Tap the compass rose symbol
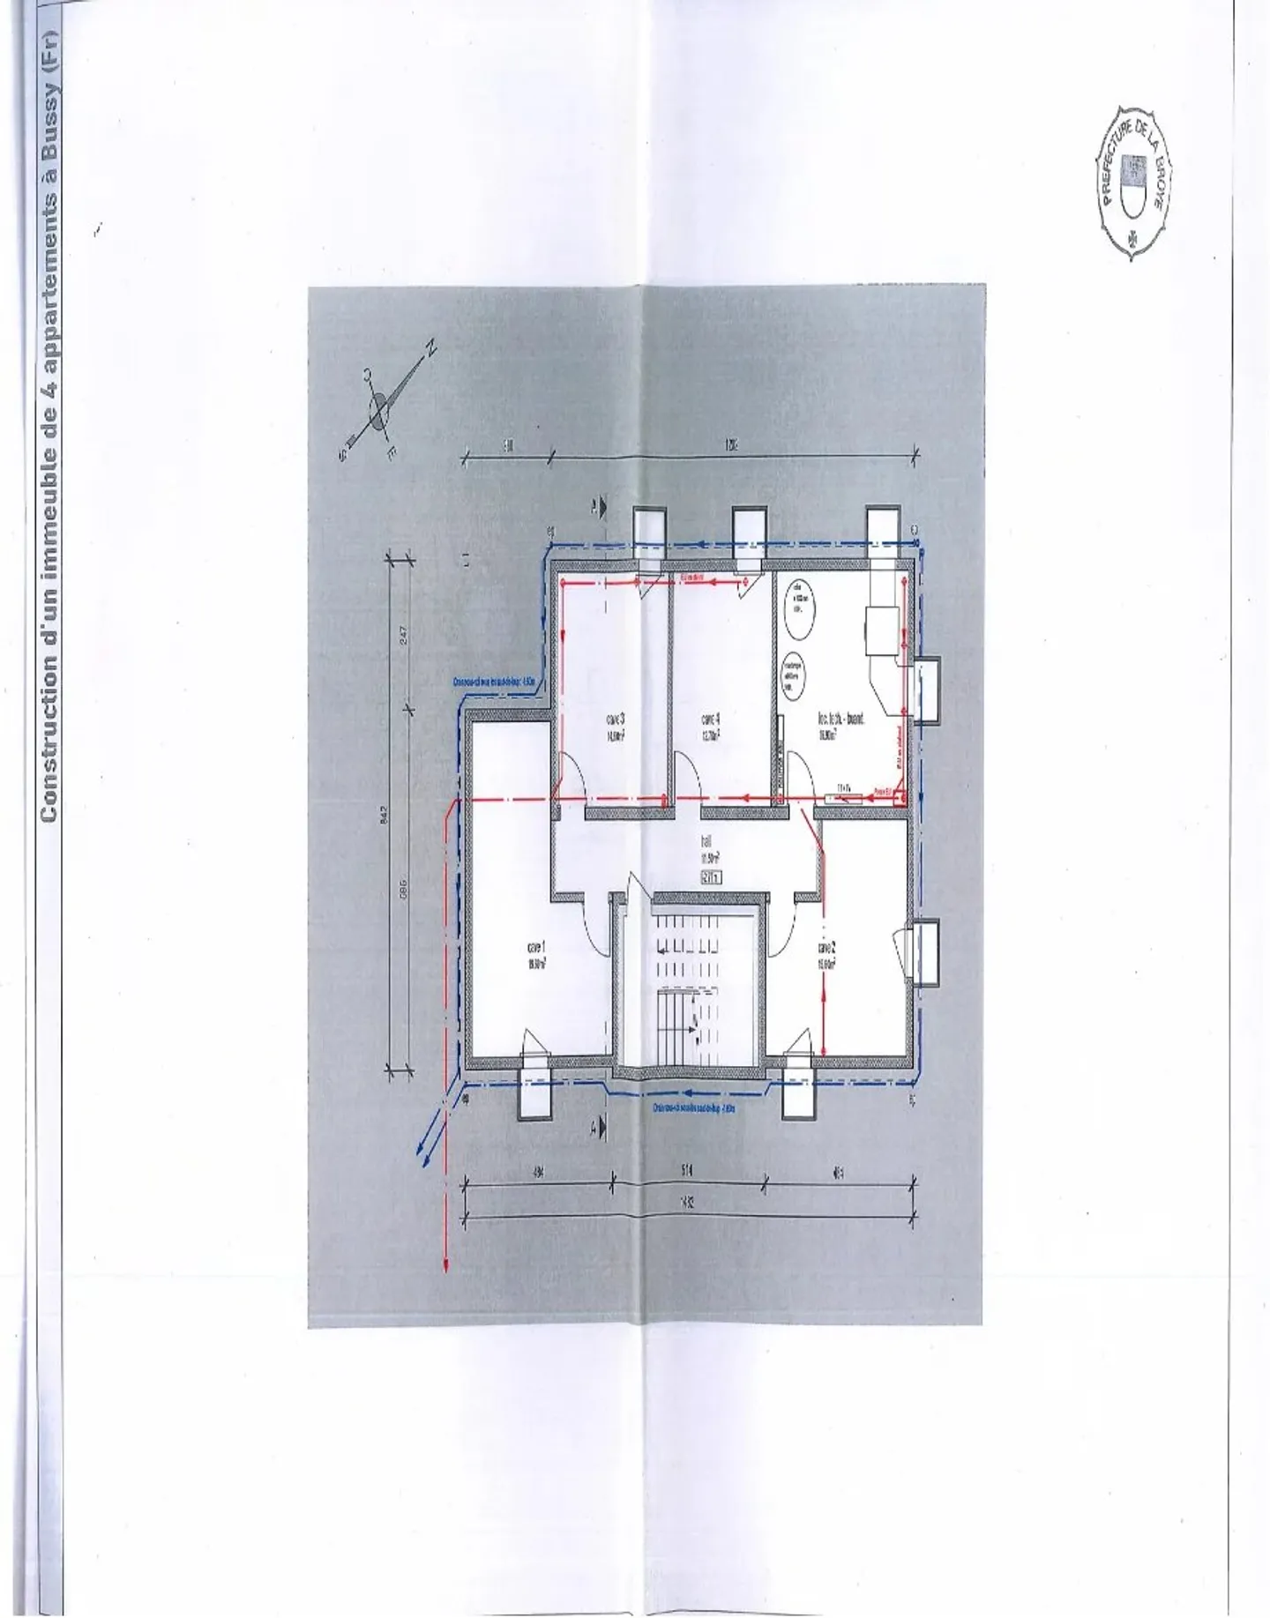coord(379,411)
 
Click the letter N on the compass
coord(431,348)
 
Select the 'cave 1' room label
coord(535,954)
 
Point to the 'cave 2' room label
coord(826,955)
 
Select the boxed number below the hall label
coord(711,877)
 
